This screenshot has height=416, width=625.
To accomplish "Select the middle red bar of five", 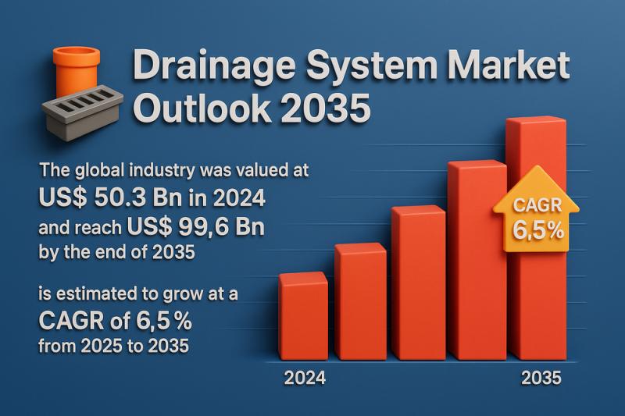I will tap(418, 283).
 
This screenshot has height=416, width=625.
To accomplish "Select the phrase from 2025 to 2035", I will tap(113, 345).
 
